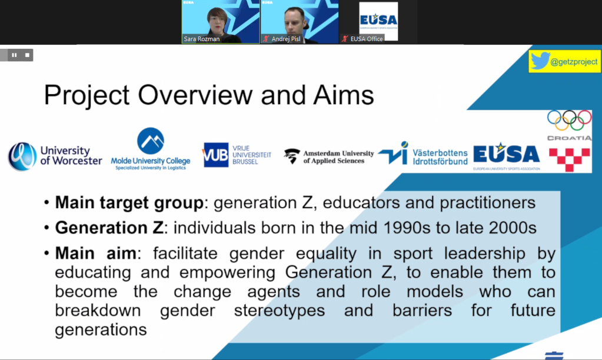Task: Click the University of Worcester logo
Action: (x=55, y=156)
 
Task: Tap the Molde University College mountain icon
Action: (x=151, y=141)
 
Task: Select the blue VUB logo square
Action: (x=215, y=156)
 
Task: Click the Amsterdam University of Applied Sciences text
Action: (x=338, y=156)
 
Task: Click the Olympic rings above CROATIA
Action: (x=569, y=120)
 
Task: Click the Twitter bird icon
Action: (x=540, y=62)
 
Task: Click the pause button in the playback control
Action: (x=14, y=55)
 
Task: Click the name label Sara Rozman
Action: (x=202, y=39)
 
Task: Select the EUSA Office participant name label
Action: (x=366, y=39)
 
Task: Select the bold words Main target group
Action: (x=129, y=203)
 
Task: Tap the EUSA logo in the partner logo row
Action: (x=506, y=155)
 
